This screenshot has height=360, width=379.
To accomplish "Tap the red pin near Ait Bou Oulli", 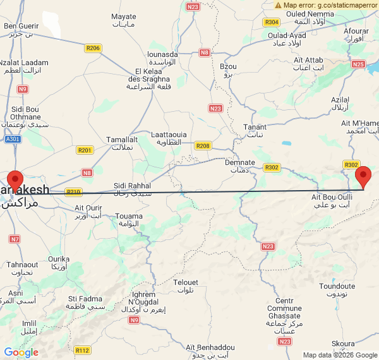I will click(x=363, y=176).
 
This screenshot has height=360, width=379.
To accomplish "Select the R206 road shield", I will click(x=93, y=47).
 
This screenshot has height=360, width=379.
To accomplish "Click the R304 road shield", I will click(x=272, y=22).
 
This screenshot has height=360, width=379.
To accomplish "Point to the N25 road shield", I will click(x=359, y=64).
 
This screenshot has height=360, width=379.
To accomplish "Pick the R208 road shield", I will click(x=203, y=146).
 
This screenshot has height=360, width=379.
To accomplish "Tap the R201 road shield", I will click(x=85, y=150).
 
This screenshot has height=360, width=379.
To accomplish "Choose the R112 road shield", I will click(x=82, y=350).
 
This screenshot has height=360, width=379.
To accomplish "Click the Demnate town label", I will click(x=240, y=162).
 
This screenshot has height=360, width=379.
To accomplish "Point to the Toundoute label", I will click(x=337, y=286).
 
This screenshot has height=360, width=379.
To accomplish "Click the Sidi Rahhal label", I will click(x=133, y=185).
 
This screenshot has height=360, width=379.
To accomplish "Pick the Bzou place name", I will click(x=228, y=66).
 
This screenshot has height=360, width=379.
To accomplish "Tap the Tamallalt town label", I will click(x=122, y=139).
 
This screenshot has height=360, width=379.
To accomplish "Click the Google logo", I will click(x=21, y=352).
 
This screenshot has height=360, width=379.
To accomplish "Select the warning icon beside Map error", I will click(x=279, y=5).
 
